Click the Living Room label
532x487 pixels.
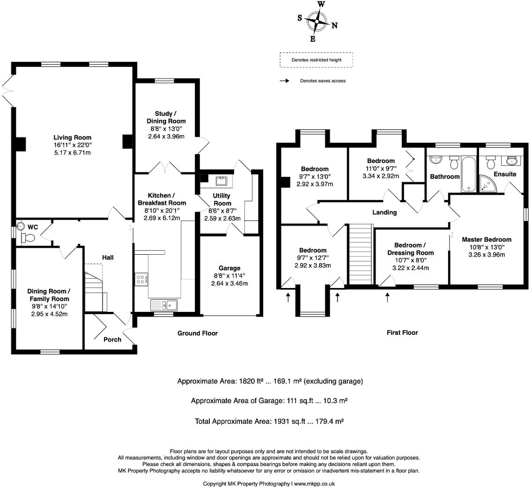[x=72, y=138]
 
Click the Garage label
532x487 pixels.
[x=229, y=268]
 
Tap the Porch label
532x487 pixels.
[x=112, y=339]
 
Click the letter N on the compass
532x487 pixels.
[x=334, y=26]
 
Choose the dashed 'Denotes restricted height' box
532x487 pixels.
[x=316, y=60]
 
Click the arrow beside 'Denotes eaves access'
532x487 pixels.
[x=283, y=81]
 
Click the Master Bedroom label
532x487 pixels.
[x=487, y=239]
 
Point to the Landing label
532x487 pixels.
[x=384, y=213]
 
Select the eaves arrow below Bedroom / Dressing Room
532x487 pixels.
[x=387, y=297]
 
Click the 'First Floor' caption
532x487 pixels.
[x=402, y=332]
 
